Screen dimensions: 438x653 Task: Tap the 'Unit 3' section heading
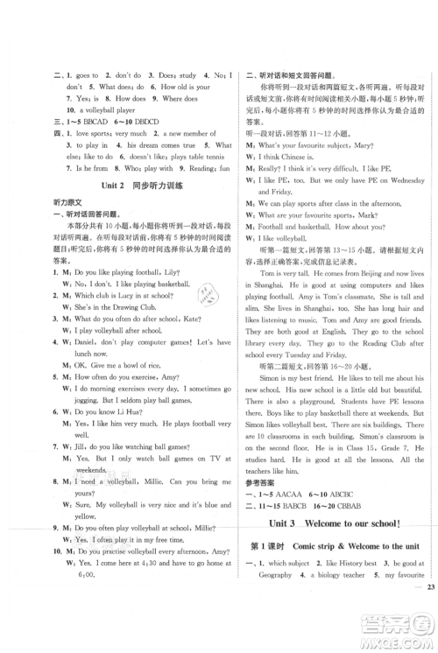click(x=289, y=522)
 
